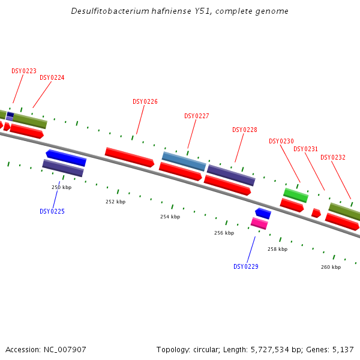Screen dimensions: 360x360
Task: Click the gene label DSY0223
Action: tap(24, 71)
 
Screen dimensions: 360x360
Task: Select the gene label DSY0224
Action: tap(52, 78)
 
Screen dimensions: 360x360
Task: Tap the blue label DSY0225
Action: tap(52, 211)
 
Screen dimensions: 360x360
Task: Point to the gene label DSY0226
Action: tap(145, 102)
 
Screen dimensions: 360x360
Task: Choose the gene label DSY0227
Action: tap(197, 116)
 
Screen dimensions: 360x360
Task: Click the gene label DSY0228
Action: tap(245, 130)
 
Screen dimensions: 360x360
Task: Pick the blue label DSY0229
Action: tap(246, 266)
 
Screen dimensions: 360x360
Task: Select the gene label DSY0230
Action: tap(281, 142)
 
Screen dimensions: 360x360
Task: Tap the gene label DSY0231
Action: tap(306, 149)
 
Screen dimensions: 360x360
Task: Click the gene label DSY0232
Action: tap(333, 158)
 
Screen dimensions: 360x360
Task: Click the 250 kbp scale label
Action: tap(61, 188)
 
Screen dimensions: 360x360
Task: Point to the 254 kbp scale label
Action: tap(170, 217)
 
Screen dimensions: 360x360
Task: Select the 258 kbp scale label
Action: tap(277, 249)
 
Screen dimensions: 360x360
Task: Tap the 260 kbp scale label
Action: tap(331, 267)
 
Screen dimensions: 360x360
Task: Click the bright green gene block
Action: tap(296, 195)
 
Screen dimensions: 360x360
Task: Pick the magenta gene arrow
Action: tap(259, 223)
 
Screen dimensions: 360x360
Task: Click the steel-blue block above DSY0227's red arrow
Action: tap(184, 161)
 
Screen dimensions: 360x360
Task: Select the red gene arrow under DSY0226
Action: tap(129, 157)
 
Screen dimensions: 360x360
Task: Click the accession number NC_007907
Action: tap(65, 349)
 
